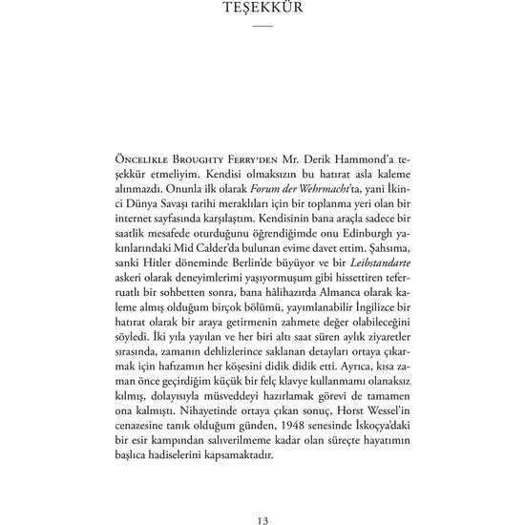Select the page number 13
click(x=262, y=493)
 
